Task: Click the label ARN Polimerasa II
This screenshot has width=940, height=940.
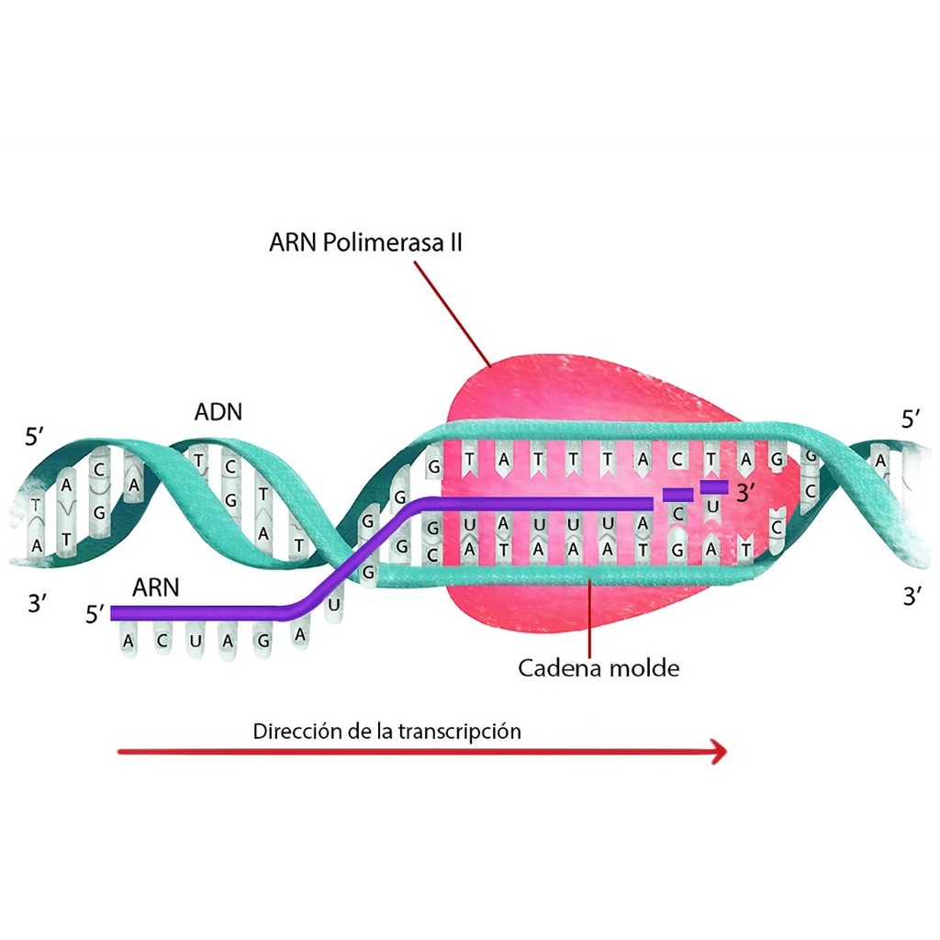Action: [365, 242]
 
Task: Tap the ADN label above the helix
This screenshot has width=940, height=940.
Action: [218, 412]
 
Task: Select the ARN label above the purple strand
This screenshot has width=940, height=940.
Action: [156, 587]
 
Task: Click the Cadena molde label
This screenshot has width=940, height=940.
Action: [599, 668]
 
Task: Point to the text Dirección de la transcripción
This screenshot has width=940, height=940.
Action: [386, 732]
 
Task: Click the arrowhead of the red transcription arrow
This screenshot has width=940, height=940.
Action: [720, 751]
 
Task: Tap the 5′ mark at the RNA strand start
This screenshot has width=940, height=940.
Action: [95, 614]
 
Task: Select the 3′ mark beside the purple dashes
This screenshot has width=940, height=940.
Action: [744, 493]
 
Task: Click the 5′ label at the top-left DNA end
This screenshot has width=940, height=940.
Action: [34, 436]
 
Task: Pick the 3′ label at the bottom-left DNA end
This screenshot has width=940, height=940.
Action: [37, 602]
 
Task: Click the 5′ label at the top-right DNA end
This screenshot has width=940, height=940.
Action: [911, 420]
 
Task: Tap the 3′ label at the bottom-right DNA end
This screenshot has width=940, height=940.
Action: [912, 596]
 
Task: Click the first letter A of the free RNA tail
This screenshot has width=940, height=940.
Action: [128, 642]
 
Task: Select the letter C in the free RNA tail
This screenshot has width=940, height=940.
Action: [162, 641]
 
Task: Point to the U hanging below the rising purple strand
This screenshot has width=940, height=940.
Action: [334, 604]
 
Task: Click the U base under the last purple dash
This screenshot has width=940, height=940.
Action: [712, 507]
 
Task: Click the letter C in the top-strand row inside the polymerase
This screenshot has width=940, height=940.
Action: [677, 460]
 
